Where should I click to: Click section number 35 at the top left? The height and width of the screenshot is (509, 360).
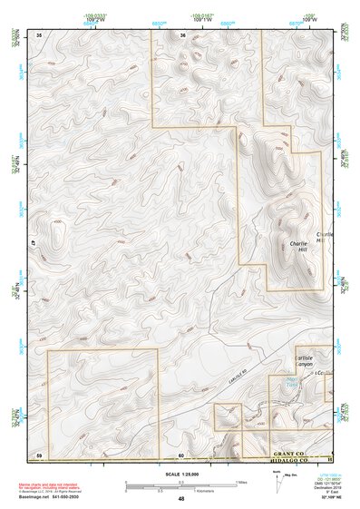tap(39, 35)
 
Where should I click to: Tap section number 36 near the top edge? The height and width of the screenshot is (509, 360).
tap(183, 35)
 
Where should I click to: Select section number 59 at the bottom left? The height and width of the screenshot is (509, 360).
tap(39, 453)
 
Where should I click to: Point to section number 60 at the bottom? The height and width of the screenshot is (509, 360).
tap(180, 453)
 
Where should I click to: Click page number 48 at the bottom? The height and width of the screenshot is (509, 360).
tap(181, 498)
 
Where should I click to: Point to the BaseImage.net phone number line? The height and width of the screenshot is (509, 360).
tap(55, 495)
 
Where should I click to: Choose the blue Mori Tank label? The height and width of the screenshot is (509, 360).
tap(289, 382)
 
